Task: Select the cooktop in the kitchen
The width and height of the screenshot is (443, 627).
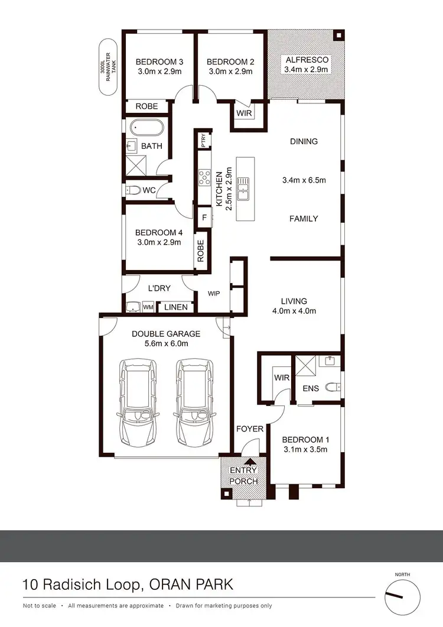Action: (x=205, y=176)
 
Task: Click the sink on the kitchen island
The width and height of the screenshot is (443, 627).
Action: (x=243, y=190)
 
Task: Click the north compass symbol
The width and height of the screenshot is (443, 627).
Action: (x=402, y=597)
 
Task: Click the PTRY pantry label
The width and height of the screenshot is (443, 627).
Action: (x=204, y=140)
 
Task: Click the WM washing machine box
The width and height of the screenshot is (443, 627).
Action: (x=148, y=307)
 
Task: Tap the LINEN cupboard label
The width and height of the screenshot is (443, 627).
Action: (x=176, y=307)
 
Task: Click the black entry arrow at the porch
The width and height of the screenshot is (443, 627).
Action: (x=250, y=463)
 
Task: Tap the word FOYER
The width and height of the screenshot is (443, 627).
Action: (x=250, y=428)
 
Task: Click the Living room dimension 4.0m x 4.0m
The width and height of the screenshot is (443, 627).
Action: (x=294, y=311)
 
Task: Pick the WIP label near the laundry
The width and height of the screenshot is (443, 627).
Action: (x=214, y=293)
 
